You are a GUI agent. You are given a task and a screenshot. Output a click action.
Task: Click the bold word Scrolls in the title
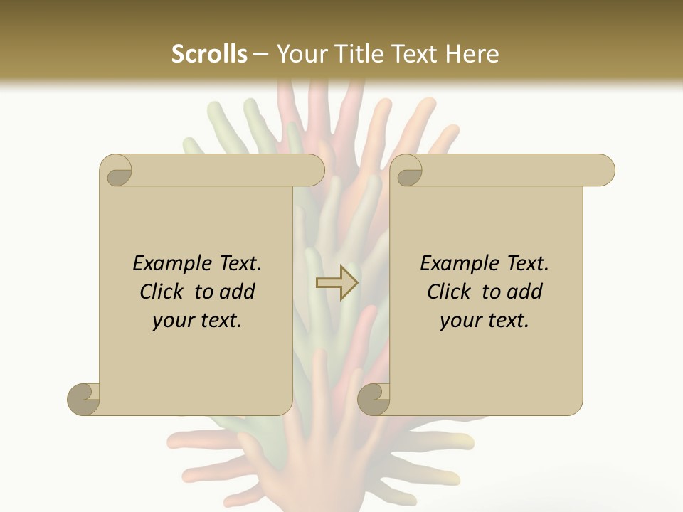209,54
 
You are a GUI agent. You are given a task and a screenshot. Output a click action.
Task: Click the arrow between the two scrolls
337,282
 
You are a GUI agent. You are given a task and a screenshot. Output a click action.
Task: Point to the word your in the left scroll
170,321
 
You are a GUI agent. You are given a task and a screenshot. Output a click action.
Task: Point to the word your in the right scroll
457,321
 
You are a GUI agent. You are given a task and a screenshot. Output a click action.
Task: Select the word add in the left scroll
238,292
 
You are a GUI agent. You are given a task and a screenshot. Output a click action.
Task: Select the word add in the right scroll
525,292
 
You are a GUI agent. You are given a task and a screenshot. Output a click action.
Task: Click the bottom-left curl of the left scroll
84,398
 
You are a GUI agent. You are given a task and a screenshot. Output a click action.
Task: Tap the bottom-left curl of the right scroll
374,398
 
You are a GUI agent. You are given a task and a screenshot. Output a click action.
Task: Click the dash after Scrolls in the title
260,55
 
